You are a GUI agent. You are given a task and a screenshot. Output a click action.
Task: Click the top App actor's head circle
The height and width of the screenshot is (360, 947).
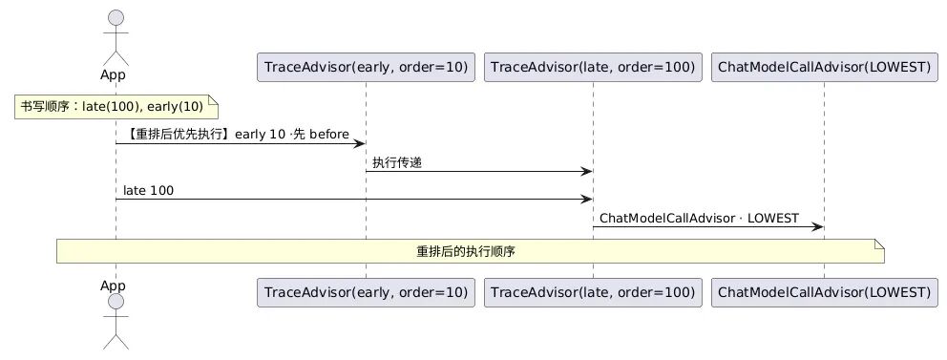tap(116, 18)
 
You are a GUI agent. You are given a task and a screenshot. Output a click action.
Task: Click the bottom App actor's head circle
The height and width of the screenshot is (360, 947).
tap(116, 302)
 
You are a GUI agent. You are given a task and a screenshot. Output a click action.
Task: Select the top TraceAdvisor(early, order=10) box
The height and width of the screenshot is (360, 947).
tap(366, 67)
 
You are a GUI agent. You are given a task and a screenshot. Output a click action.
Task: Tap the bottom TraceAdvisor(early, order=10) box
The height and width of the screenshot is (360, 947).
tap(366, 292)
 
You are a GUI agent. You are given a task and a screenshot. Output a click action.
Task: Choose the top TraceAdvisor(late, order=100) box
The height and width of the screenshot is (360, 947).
tap(593, 67)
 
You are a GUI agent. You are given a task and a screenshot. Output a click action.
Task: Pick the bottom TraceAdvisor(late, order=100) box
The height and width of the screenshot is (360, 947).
tap(593, 292)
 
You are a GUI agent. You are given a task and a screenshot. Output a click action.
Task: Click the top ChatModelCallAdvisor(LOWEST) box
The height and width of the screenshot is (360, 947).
tap(825, 67)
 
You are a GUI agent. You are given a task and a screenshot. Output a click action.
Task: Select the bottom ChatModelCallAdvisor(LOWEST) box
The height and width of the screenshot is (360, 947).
tap(825, 292)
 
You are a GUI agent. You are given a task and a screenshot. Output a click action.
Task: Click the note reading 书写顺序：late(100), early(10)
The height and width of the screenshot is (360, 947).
tap(116, 107)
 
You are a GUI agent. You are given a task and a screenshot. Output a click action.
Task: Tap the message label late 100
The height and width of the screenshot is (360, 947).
tap(148, 191)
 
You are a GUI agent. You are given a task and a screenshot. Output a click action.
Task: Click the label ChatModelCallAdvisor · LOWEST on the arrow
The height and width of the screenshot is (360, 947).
tap(699, 218)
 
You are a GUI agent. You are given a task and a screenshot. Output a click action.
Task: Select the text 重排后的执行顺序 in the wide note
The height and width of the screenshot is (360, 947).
tap(466, 252)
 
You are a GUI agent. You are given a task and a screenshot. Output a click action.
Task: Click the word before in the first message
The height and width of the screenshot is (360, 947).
tap(329, 134)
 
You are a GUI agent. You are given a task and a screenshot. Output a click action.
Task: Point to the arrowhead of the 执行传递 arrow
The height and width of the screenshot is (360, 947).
tap(586, 172)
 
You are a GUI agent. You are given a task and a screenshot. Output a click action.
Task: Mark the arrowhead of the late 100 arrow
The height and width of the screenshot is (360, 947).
tap(586, 200)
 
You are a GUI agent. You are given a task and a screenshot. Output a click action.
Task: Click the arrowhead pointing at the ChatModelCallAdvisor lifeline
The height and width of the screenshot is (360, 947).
tap(817, 227)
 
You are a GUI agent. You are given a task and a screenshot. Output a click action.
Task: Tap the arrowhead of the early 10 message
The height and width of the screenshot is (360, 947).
tap(359, 144)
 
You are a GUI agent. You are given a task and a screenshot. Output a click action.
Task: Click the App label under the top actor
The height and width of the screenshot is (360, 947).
tap(113, 74)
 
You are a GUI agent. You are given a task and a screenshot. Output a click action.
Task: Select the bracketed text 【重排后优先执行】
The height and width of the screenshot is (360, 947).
tap(178, 134)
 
